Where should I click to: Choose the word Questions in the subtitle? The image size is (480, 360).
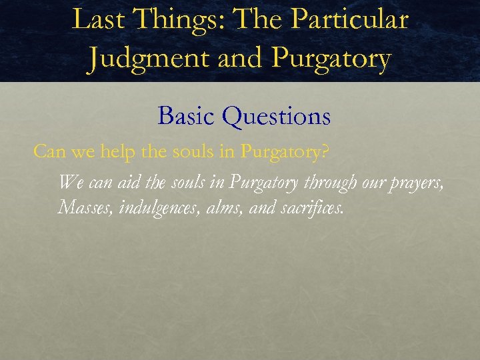point(276,117)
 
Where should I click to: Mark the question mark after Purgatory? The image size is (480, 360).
point(325,152)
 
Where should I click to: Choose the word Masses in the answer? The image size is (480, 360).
point(87,207)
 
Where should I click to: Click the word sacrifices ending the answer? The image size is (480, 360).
point(312,207)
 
